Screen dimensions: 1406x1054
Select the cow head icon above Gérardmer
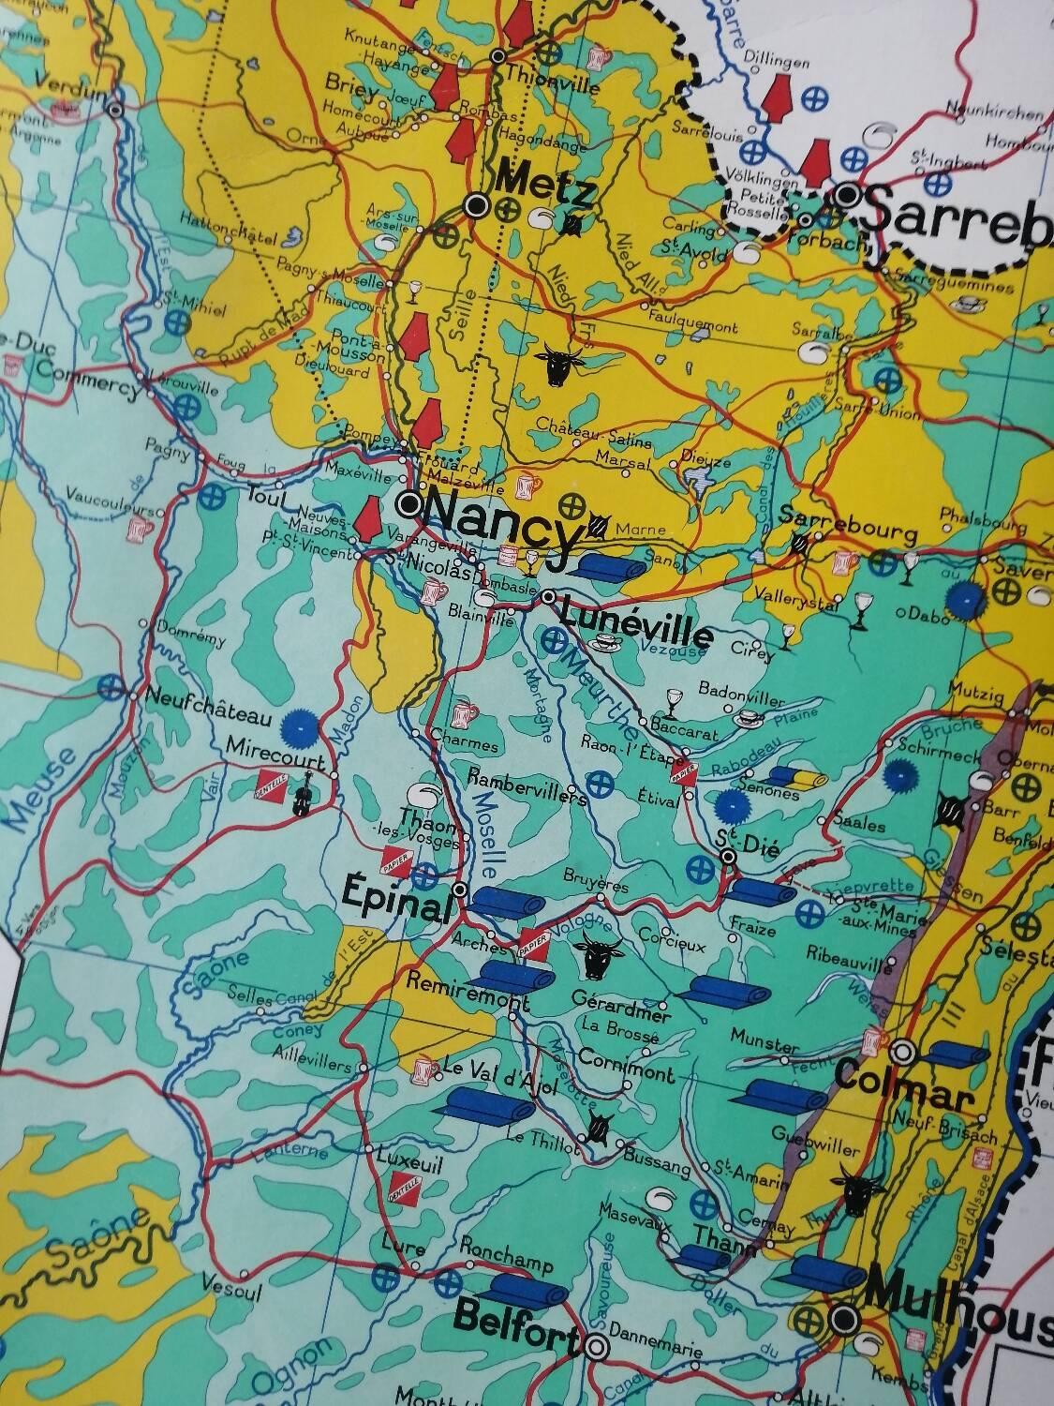pyautogui.click(x=596, y=954)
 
